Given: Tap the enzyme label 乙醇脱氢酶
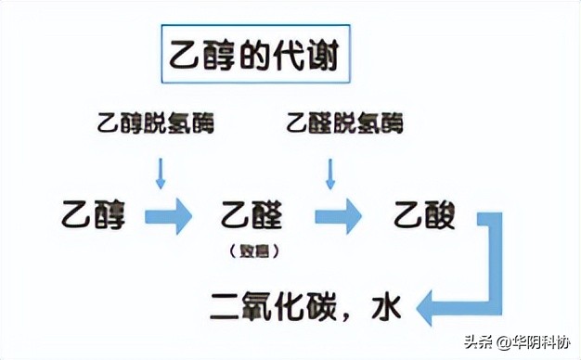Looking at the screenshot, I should (x=155, y=122).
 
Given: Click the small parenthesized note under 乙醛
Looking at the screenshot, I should (x=252, y=251).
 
